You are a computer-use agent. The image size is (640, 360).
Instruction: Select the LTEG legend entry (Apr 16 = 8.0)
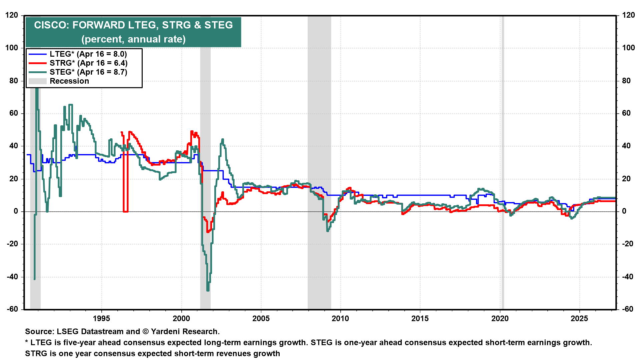pos(88,54)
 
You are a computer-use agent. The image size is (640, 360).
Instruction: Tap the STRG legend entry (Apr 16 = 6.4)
pos(88,63)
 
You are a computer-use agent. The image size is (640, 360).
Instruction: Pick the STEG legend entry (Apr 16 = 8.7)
pos(88,72)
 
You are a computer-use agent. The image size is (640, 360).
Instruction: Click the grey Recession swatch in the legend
pos(37,81)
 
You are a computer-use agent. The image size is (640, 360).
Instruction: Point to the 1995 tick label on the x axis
pos(101,318)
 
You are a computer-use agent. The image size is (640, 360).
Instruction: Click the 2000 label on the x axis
pos(181,318)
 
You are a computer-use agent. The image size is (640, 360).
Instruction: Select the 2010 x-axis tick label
pos(340,318)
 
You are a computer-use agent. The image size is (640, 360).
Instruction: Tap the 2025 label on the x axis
pos(579,318)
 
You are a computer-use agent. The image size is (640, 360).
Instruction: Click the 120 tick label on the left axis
pos(12,15)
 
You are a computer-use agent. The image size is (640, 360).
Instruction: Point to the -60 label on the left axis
pos(12,309)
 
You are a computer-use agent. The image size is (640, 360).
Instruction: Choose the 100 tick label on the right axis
pos(628,48)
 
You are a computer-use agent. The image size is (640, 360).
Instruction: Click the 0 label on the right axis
pos(624,211)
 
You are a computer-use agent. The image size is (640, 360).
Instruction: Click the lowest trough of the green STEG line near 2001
pos(208,290)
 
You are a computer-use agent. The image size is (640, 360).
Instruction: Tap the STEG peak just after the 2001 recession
pos(222,140)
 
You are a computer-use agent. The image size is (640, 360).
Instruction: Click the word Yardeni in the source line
pos(166,332)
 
